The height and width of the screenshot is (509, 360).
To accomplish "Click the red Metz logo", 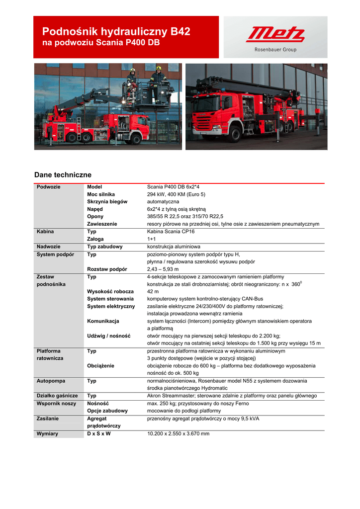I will pyautogui.click(x=275, y=35).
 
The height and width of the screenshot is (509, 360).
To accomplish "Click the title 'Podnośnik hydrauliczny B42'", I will pyautogui.click(x=116, y=32).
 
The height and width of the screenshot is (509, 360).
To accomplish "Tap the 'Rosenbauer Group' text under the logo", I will pyautogui.click(x=275, y=50).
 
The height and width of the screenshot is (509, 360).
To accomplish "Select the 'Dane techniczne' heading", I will pyautogui.click(x=63, y=175).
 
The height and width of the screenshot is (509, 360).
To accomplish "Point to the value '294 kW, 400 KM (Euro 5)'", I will pyautogui.click(x=176, y=194).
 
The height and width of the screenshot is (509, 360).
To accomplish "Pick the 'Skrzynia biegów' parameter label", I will pyautogui.click(x=107, y=202).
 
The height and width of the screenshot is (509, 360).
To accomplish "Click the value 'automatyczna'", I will pyautogui.click(x=163, y=202).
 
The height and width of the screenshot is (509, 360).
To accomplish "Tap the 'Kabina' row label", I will pyautogui.click(x=45, y=232).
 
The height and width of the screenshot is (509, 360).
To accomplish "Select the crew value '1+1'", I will pyautogui.click(x=151, y=239).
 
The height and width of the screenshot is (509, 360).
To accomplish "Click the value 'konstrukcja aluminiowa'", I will pyautogui.click(x=174, y=247).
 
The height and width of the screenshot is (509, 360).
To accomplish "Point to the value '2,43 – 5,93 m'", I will pyautogui.click(x=163, y=269).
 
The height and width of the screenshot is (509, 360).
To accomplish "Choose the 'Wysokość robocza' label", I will pyautogui.click(x=110, y=291).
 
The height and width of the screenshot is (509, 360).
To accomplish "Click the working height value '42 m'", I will pyautogui.click(x=153, y=291).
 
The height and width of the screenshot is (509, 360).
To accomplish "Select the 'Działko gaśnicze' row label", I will pyautogui.click(x=57, y=396).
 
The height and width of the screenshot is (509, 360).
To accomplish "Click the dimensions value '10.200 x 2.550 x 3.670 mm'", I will pyautogui.click(x=178, y=433).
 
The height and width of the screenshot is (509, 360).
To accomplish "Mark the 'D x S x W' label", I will pyautogui.click(x=99, y=433).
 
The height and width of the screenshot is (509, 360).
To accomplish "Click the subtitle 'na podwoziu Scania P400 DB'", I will pyautogui.click(x=101, y=43).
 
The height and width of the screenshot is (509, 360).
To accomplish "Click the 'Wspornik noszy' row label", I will pyautogui.click(x=56, y=403).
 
